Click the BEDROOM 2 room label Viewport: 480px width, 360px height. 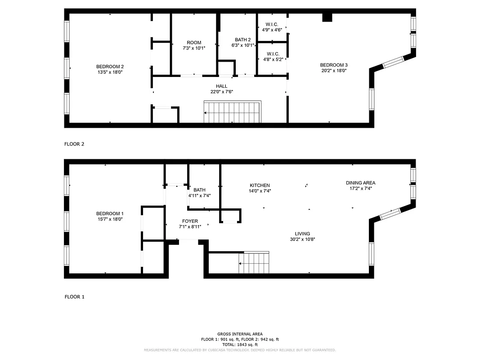(x=110, y=67)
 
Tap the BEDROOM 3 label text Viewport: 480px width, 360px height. (x=333, y=65)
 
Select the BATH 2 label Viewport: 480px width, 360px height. (x=243, y=40)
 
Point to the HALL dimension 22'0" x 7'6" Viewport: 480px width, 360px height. (x=221, y=92)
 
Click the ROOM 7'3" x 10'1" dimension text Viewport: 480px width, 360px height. (x=194, y=48)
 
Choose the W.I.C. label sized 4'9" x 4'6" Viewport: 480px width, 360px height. (x=272, y=31)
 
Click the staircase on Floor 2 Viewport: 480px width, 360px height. (x=232, y=112)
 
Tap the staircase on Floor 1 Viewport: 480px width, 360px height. (x=254, y=263)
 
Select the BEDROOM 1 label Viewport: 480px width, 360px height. (x=110, y=214)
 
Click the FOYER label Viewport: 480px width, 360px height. (x=190, y=221)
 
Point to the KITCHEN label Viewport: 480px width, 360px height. (x=260, y=185)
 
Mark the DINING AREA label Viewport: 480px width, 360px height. (x=360, y=183)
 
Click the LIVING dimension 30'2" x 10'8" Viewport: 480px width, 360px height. (x=302, y=239)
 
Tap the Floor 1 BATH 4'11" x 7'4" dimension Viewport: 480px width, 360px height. (x=199, y=196)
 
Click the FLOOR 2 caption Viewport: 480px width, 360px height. (x=75, y=144)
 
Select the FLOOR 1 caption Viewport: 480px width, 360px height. (x=75, y=297)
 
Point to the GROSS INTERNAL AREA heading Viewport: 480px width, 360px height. (x=240, y=334)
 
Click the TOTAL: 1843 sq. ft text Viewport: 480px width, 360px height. (x=240, y=344)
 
